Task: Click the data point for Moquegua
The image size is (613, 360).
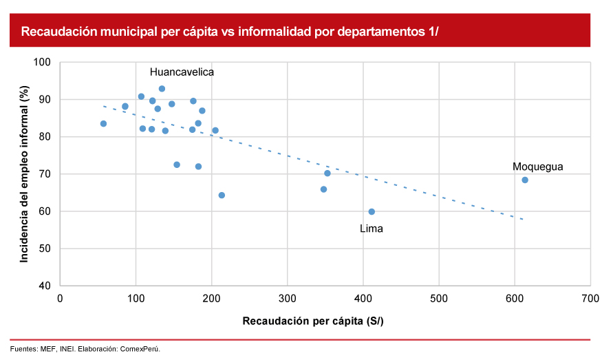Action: (x=525, y=180)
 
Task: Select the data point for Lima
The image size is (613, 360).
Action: (x=372, y=212)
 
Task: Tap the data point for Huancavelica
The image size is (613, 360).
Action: (x=162, y=89)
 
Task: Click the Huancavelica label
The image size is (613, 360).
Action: (x=182, y=72)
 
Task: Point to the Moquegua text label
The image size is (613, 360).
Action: (x=538, y=167)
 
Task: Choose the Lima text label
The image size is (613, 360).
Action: (x=372, y=229)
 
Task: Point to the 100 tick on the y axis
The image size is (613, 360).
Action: (x=43, y=63)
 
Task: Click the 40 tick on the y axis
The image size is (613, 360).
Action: (x=46, y=286)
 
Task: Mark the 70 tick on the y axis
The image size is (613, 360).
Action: (x=46, y=174)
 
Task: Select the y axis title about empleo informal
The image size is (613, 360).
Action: (x=24, y=173)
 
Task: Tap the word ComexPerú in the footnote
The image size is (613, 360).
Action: (x=141, y=349)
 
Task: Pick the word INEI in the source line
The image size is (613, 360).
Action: (x=67, y=349)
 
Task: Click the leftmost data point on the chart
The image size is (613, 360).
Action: (x=103, y=124)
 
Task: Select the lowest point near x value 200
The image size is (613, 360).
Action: (x=222, y=195)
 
